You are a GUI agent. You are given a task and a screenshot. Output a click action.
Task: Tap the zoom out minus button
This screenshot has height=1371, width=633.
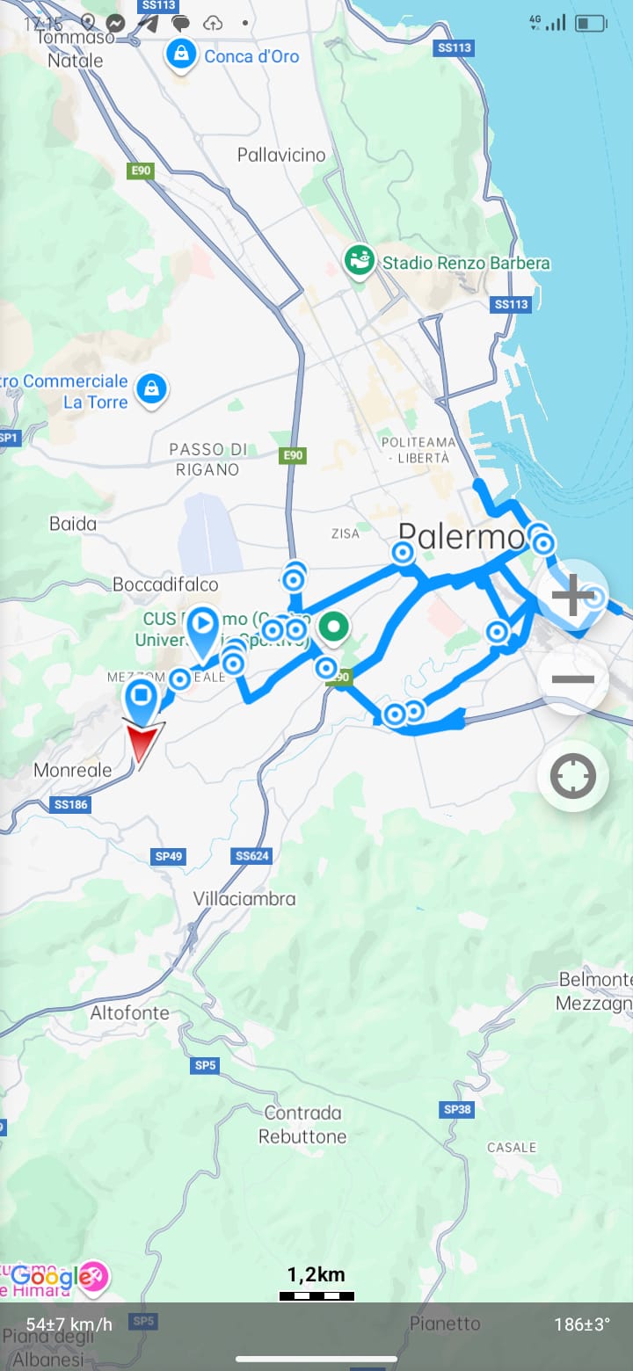tap(573, 679)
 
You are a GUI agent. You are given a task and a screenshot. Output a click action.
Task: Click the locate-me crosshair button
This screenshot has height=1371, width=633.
tap(573, 776)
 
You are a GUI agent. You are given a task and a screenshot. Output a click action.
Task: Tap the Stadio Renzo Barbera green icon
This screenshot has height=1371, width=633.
tap(359, 261)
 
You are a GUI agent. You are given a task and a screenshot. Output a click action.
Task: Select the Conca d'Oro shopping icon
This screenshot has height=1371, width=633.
tap(180, 56)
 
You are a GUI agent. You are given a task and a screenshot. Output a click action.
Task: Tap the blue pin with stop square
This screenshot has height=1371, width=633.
tap(142, 698)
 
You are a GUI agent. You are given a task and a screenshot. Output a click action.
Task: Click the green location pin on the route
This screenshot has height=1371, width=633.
tap(333, 629)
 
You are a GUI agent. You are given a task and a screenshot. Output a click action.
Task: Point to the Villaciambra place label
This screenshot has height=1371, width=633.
tap(244, 899)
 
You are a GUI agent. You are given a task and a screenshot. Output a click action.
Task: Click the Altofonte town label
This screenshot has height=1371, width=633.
tap(130, 1012)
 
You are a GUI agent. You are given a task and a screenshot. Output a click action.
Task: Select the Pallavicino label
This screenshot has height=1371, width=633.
tap(281, 156)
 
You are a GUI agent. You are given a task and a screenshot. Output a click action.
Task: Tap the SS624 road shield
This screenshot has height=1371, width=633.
tap(252, 855)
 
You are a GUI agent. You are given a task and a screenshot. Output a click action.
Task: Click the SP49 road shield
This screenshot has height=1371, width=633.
tap(169, 855)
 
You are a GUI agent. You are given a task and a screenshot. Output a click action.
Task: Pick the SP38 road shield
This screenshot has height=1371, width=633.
tap(458, 1109)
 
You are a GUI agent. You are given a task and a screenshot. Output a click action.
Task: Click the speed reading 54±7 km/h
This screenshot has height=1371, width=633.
tap(69, 1324)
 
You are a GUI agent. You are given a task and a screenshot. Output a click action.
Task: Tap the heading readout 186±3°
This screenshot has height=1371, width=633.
tap(582, 1324)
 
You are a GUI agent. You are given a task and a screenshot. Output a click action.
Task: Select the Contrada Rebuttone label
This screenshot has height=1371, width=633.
tap(302, 1125)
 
